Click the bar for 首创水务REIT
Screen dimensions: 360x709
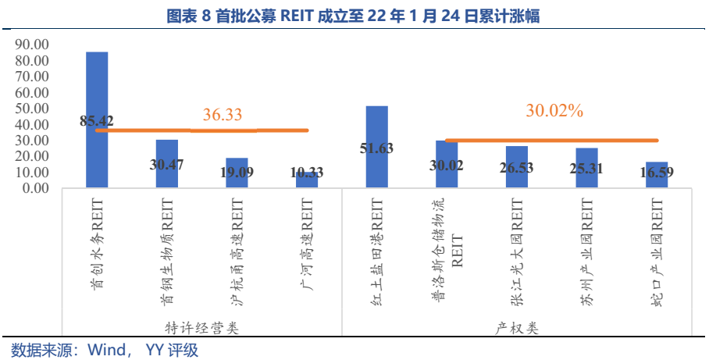pos(97,86)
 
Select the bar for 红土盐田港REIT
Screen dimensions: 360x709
pos(377,133)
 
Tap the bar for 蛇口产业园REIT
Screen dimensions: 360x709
pos(657,175)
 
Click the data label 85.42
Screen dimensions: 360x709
pos(97,121)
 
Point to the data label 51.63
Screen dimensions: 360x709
pos(377,151)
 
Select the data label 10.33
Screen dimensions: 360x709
pos(307,173)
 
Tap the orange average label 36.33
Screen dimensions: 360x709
pos(223,115)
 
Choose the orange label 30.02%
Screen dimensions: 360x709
pos(554,111)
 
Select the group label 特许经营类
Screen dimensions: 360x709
pos(202,328)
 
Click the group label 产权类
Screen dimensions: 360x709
pos(517,328)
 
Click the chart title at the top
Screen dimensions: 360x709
pos(354,16)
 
